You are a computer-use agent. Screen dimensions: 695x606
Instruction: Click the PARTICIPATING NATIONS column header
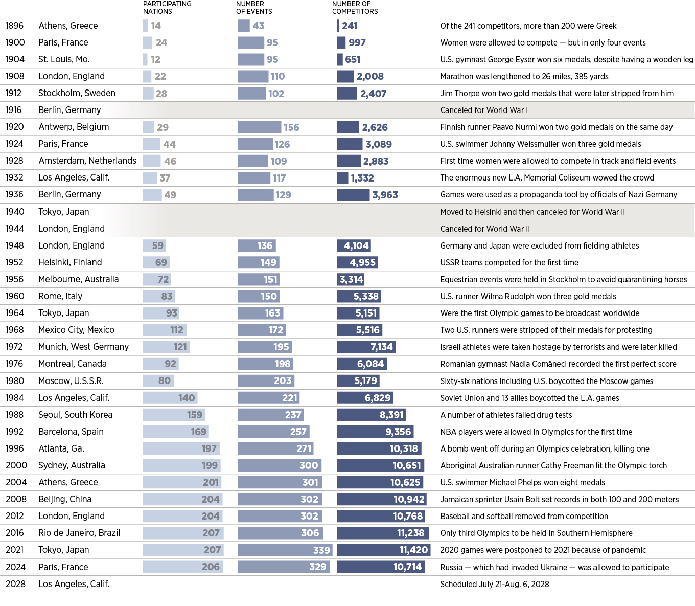(167, 8)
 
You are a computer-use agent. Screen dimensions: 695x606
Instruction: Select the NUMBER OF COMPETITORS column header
(355, 8)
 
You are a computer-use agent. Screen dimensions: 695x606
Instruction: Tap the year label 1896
(14, 26)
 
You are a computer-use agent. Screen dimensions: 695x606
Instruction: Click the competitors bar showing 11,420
(384, 550)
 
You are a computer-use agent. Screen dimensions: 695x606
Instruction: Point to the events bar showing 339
(285, 550)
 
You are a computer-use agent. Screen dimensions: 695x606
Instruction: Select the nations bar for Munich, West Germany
(166, 347)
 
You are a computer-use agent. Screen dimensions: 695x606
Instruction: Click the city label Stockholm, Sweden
(77, 93)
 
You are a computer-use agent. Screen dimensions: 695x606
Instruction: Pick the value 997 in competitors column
(357, 42)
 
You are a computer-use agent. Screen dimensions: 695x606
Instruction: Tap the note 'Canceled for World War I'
(484, 110)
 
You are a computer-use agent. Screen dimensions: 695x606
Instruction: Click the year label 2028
(16, 584)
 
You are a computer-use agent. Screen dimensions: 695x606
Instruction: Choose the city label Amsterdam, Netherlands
(87, 161)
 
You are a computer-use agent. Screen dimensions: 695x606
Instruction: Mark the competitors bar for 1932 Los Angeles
(343, 178)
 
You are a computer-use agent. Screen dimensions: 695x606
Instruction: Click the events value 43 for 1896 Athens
(259, 26)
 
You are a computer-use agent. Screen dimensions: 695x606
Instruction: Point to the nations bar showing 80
(158, 380)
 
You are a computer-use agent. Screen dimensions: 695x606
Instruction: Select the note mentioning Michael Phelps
(522, 482)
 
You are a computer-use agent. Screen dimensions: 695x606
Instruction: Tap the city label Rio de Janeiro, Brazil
(79, 533)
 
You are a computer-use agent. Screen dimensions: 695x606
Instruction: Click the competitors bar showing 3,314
(351, 279)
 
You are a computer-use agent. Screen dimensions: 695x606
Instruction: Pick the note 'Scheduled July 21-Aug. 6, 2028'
(495, 584)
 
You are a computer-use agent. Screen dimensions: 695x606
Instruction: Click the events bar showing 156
(259, 127)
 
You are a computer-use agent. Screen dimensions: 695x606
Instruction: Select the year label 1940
(15, 211)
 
